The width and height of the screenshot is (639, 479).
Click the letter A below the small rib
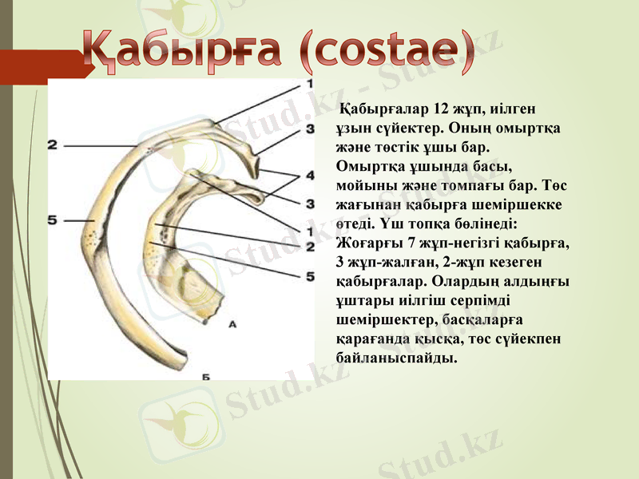[232, 325]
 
